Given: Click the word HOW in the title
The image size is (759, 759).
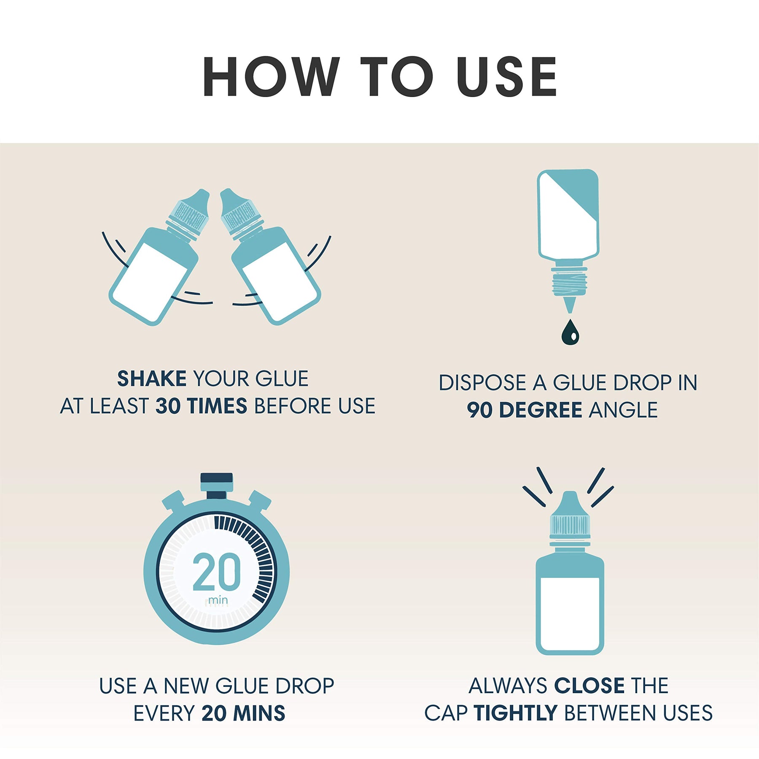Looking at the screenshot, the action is pos(271,76).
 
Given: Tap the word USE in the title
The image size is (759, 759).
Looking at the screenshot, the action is pos(506,76).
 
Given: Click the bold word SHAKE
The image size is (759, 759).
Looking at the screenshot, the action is pos(152,378).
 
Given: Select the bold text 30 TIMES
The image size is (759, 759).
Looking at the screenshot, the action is pos(201,406).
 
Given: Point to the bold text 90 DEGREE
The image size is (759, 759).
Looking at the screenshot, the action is pos(525,410).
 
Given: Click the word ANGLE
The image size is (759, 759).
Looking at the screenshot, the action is pos(623,410).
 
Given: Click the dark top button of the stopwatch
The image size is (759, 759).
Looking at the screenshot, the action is pos(216,478).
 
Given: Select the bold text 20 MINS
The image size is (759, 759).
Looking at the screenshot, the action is pos(243,713).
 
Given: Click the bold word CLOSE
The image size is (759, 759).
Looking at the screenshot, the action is pos(589,686).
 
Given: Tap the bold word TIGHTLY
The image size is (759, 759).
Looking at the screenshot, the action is pos(516,713).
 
